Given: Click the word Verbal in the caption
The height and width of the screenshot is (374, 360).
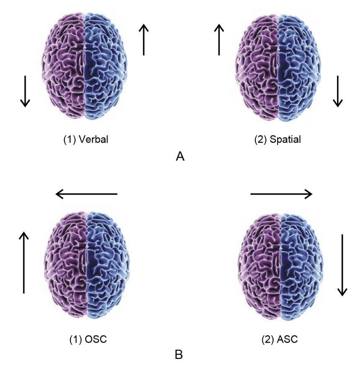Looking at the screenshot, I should tap(95, 139).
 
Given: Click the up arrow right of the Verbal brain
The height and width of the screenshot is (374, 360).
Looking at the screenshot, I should tap(144, 39).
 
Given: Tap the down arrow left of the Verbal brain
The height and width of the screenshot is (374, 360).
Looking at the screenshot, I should tap(25, 91).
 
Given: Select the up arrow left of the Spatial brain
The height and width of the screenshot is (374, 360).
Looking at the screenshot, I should tap(219, 39).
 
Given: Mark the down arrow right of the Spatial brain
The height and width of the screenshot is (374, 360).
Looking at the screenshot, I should tap(337, 91).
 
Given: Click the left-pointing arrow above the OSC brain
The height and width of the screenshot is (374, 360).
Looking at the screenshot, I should tap(87, 194).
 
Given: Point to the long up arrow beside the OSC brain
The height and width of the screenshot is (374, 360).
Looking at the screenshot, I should tap(24, 263).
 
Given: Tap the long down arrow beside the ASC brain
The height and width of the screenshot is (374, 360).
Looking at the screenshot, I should tap(342, 264).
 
